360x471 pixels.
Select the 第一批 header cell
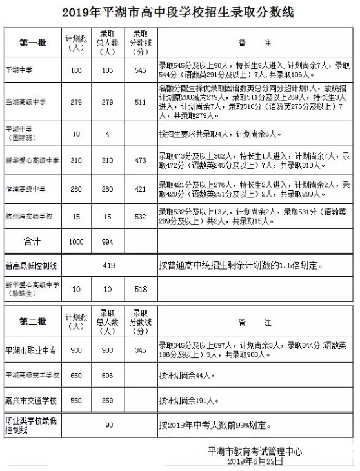32,43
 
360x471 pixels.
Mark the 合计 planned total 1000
76,241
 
